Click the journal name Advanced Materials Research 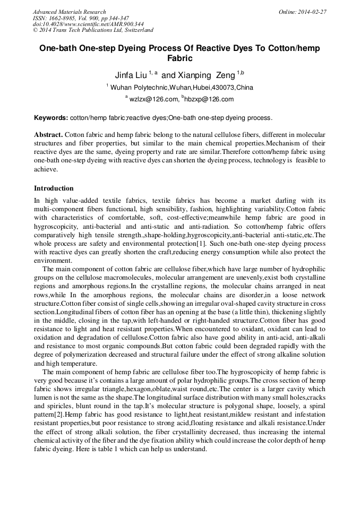point(69,12)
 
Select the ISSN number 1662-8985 point(65,18)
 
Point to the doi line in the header point(88,24)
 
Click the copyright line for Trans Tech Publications point(93,30)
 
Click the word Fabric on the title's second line point(179,58)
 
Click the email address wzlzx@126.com point(153,99)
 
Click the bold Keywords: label point(51,117)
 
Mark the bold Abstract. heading point(48,135)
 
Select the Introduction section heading point(54,188)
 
